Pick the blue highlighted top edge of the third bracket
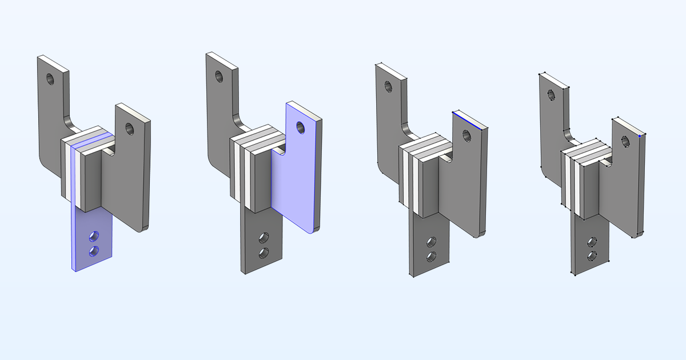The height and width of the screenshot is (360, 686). coord(470,121)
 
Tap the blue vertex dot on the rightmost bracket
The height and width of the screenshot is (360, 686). coord(639,136)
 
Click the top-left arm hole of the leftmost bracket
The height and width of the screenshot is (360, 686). coord(49,78)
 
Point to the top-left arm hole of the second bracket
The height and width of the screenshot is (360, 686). coord(218,75)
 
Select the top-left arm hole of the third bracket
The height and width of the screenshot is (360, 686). coord(388,87)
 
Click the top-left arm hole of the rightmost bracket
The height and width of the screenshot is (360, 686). coord(552,94)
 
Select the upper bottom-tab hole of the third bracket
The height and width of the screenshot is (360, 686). coord(432,242)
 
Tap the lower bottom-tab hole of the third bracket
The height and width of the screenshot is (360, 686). coord(432,257)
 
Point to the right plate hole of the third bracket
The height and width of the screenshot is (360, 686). coord(466,136)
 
